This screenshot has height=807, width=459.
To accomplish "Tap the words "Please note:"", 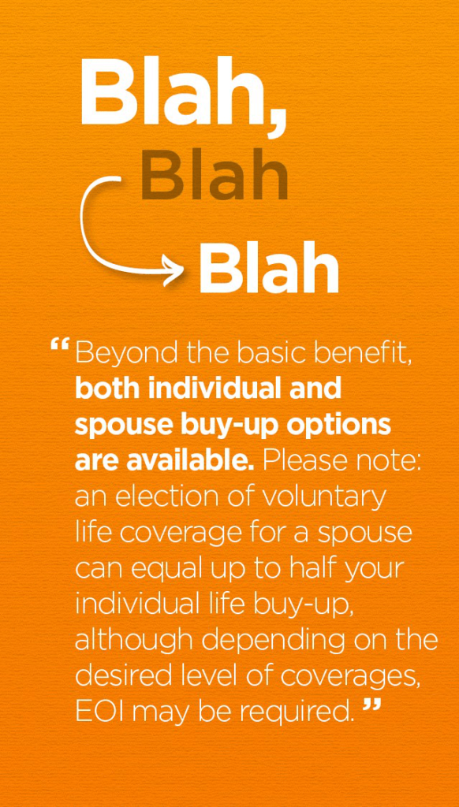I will [x=342, y=460].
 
